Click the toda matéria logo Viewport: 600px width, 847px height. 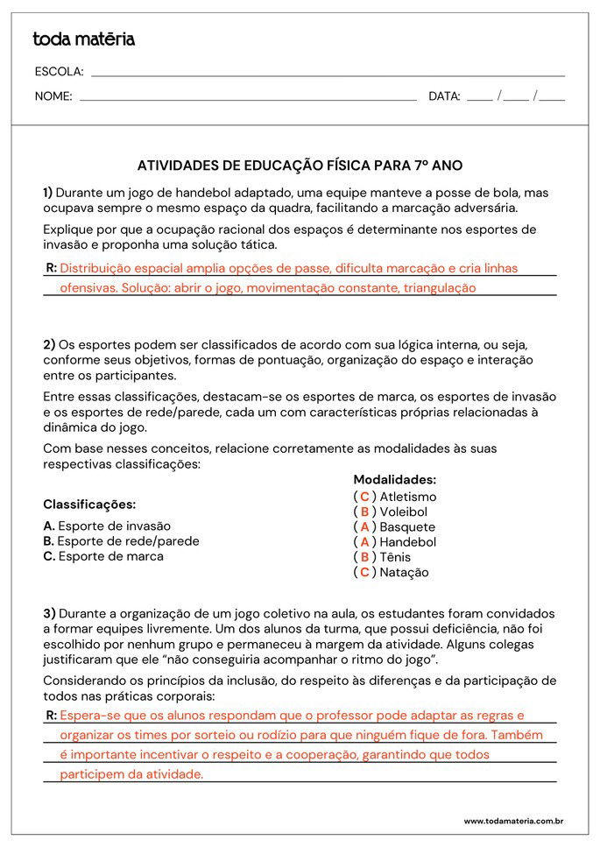click(x=84, y=39)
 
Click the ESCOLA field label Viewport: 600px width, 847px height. click(x=59, y=72)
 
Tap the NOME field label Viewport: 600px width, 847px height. click(x=53, y=96)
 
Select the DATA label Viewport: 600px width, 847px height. click(x=444, y=96)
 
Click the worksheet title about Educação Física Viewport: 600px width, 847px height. click(x=300, y=165)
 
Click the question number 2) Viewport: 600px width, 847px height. click(x=49, y=344)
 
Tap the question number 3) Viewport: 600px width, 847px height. click(x=49, y=613)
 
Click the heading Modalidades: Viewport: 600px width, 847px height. click(x=394, y=480)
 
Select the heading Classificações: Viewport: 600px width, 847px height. click(x=89, y=505)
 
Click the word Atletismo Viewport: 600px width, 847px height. click(x=407, y=497)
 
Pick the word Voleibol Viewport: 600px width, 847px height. click(x=403, y=512)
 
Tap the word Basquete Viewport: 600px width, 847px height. click(x=407, y=527)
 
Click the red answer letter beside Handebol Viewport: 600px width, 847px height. click(x=364, y=542)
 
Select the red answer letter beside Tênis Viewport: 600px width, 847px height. click(x=364, y=557)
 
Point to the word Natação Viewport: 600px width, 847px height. click(x=404, y=573)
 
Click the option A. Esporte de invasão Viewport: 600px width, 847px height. click(x=107, y=526)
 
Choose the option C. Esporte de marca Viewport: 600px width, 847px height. click(x=103, y=556)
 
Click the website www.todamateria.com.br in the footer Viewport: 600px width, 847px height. click(x=512, y=821)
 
